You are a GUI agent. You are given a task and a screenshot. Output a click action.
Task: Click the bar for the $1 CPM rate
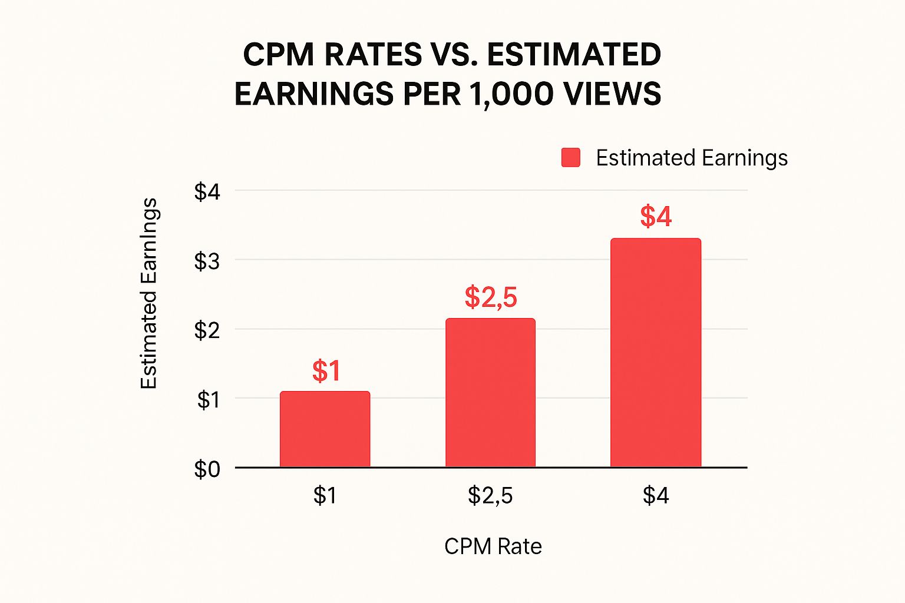[325, 429]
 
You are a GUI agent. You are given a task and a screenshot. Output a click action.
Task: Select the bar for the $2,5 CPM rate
[490, 393]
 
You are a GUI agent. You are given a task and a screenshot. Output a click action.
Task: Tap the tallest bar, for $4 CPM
[656, 353]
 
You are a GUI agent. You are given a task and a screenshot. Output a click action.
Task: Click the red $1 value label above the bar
[326, 371]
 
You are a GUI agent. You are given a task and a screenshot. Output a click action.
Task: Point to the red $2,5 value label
[490, 297]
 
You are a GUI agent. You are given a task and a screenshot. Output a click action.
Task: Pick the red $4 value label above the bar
[656, 216]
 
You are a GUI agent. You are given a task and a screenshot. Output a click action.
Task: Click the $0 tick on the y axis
[207, 469]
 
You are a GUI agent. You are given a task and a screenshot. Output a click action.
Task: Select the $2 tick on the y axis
[207, 331]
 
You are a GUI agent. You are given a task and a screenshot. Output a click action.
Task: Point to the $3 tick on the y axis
[207, 261]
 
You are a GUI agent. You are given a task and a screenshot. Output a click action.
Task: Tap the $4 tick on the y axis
[207, 192]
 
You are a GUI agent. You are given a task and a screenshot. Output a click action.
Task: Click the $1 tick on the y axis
[207, 400]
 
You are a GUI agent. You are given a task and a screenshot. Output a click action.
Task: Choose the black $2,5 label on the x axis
[490, 495]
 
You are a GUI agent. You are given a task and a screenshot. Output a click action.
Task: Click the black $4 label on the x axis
[656, 495]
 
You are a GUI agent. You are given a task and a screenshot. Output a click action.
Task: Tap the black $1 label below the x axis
[325, 495]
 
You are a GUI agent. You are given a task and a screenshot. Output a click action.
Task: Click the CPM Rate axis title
[493, 546]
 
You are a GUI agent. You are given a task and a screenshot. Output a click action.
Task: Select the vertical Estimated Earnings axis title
[149, 293]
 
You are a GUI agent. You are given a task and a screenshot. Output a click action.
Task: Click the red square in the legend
[570, 158]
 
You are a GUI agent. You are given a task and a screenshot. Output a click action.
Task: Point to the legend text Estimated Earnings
[692, 158]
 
